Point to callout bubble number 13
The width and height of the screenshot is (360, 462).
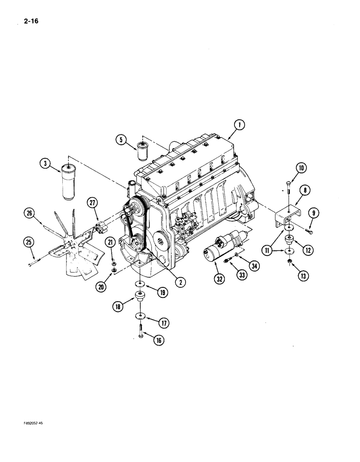pos(303,276)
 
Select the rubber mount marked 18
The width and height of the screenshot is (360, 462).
pos(138,296)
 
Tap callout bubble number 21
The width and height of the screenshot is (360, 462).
pos(111,242)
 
